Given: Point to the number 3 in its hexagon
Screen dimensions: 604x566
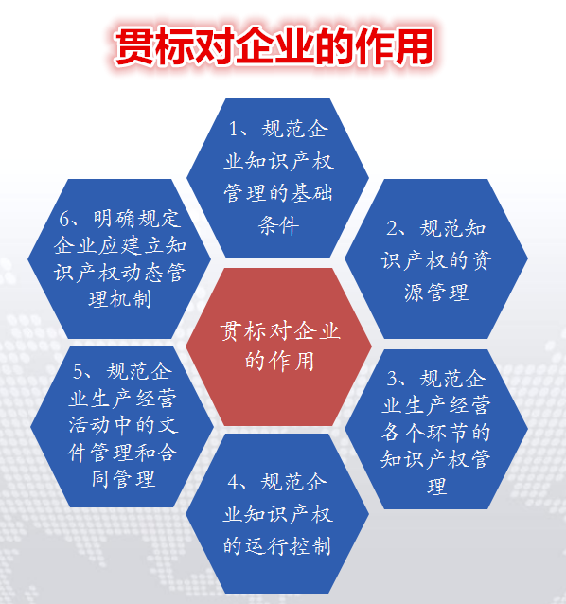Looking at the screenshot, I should pyautogui.click(x=394, y=380).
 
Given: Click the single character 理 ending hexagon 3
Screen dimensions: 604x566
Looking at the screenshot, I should pyautogui.click(x=436, y=488).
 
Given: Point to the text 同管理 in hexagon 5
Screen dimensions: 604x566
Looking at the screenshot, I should pyautogui.click(x=118, y=479).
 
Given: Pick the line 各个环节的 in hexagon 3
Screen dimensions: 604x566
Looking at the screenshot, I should pyautogui.click(x=436, y=434).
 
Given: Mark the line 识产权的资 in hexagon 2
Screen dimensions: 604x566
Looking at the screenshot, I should pyautogui.click(x=436, y=260).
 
